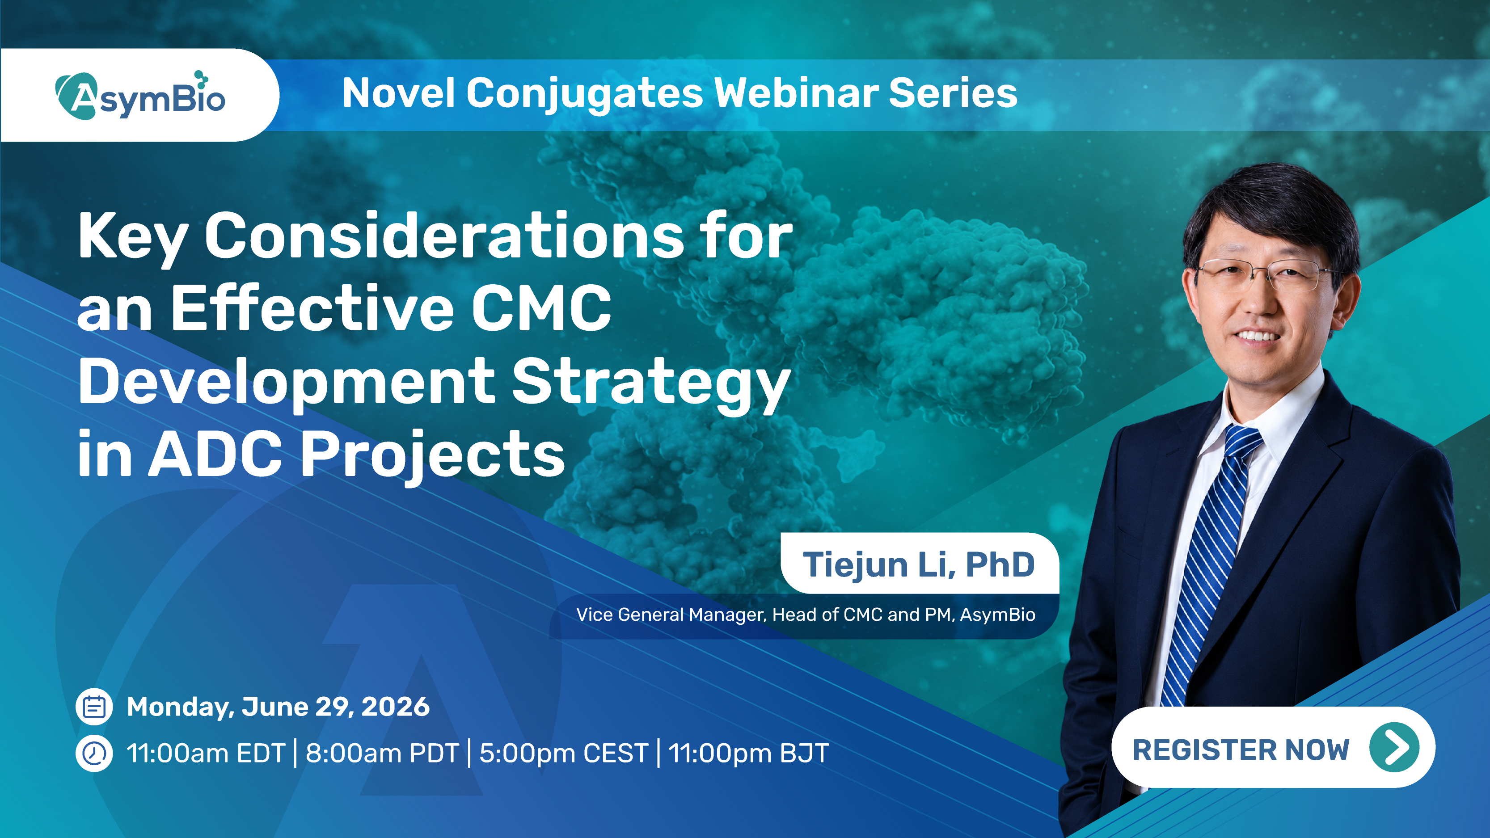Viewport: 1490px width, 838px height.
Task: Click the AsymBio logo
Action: [140, 96]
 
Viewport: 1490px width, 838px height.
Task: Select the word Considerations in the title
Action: [445, 236]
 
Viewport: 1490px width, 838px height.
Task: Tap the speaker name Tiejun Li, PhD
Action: [919, 564]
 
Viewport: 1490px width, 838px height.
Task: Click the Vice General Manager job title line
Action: [806, 614]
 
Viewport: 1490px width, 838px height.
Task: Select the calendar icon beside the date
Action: [94, 706]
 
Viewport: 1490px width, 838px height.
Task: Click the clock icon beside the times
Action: [94, 753]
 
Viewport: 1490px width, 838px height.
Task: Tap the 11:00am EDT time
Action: [206, 753]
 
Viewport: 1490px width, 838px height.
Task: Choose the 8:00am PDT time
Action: [382, 753]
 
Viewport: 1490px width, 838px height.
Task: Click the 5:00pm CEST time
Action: [564, 753]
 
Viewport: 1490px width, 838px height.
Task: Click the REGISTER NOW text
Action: [1241, 750]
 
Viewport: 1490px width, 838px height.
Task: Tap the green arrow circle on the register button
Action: [1394, 747]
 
